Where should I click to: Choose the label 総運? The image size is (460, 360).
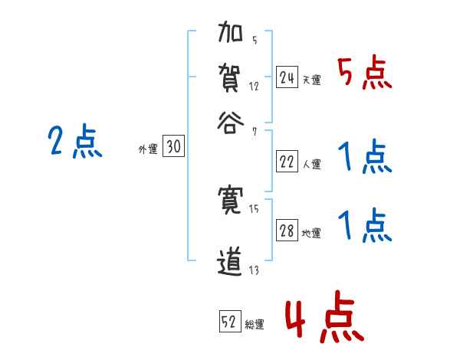(x=255, y=324)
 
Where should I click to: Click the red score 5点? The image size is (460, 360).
(x=365, y=75)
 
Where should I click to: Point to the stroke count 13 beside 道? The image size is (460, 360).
(x=255, y=270)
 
